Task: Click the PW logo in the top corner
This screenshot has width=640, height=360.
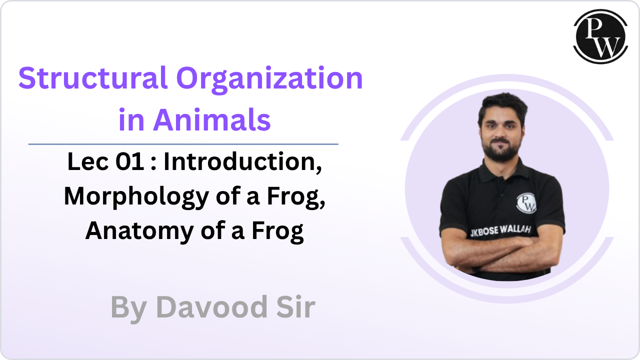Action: tap(600, 36)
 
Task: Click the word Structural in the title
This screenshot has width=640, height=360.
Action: tap(92, 77)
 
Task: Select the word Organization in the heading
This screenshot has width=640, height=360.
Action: tap(269, 80)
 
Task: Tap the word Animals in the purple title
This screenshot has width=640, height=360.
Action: tap(211, 120)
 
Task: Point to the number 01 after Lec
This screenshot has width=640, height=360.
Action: tap(130, 161)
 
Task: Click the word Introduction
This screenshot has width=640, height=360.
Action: tap(243, 162)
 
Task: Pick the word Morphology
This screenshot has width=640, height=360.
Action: tap(136, 197)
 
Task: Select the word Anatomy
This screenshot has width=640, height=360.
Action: tap(139, 231)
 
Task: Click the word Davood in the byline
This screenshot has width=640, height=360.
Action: tap(211, 307)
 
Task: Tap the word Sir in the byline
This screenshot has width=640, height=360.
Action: tap(295, 307)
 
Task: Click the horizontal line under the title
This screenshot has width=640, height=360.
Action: tap(183, 144)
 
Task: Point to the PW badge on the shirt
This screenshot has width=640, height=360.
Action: tap(526, 203)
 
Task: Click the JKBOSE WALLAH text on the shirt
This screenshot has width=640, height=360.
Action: tap(500, 231)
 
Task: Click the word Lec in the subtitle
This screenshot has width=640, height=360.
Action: tap(88, 161)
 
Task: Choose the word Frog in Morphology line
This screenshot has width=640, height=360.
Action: tap(296, 197)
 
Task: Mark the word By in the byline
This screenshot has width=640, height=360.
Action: tap(129, 308)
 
